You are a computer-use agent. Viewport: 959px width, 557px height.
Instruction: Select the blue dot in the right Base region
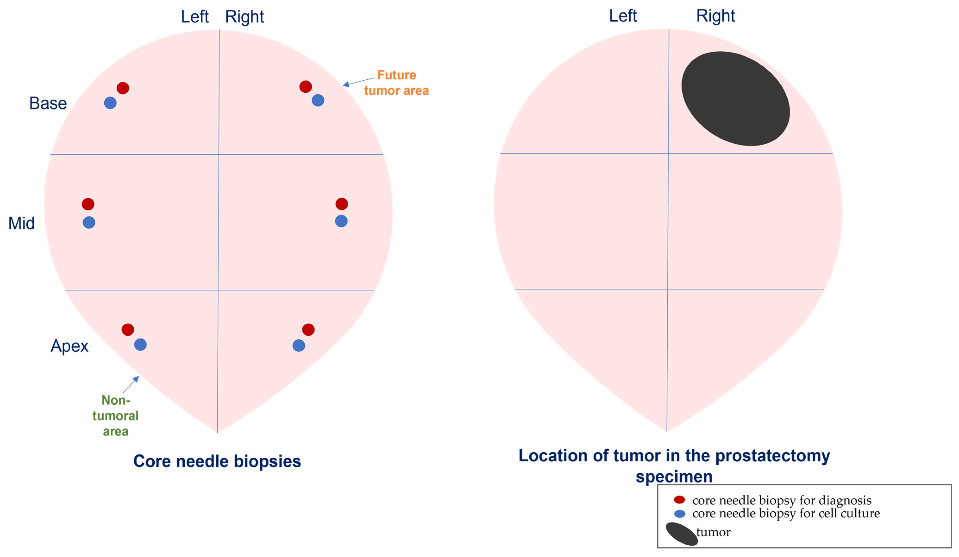(x=318, y=100)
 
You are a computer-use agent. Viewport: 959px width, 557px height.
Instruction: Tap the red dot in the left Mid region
(x=88, y=204)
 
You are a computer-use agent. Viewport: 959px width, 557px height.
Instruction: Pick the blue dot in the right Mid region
(x=341, y=221)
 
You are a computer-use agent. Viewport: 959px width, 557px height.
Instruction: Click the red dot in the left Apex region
(x=128, y=329)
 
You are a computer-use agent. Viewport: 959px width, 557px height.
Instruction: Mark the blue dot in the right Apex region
(x=299, y=346)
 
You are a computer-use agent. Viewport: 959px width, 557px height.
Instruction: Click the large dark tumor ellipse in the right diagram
(x=735, y=99)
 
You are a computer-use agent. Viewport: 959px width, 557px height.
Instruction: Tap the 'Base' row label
(x=48, y=103)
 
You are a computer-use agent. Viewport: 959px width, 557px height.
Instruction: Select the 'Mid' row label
(x=21, y=223)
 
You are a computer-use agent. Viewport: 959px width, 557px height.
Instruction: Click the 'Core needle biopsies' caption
(x=217, y=461)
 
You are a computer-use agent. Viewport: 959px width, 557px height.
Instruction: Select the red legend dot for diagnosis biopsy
(x=679, y=500)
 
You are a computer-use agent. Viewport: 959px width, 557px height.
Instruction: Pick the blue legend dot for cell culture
(x=680, y=514)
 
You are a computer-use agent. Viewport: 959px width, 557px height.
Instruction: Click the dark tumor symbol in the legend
(x=681, y=534)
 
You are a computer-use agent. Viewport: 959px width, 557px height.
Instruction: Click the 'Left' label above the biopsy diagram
(x=194, y=17)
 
